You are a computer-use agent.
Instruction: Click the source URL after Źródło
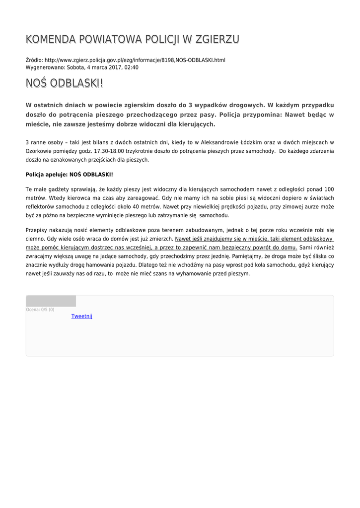pyautogui.click(x=135, y=60)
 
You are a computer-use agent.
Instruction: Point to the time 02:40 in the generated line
pyautogui.click(x=132, y=67)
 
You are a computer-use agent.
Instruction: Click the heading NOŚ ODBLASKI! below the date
pyautogui.click(x=65, y=83)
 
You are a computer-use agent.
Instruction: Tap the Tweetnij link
pyautogui.click(x=82, y=316)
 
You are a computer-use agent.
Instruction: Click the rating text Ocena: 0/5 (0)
pyautogui.click(x=40, y=310)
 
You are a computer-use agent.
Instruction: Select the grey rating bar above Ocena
pyautogui.click(x=51, y=301)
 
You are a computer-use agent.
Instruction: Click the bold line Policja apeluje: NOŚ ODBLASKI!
pyautogui.click(x=70, y=175)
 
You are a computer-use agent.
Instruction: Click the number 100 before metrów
pyautogui.click(x=329, y=189)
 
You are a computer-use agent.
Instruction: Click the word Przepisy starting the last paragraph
pyautogui.click(x=37, y=230)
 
